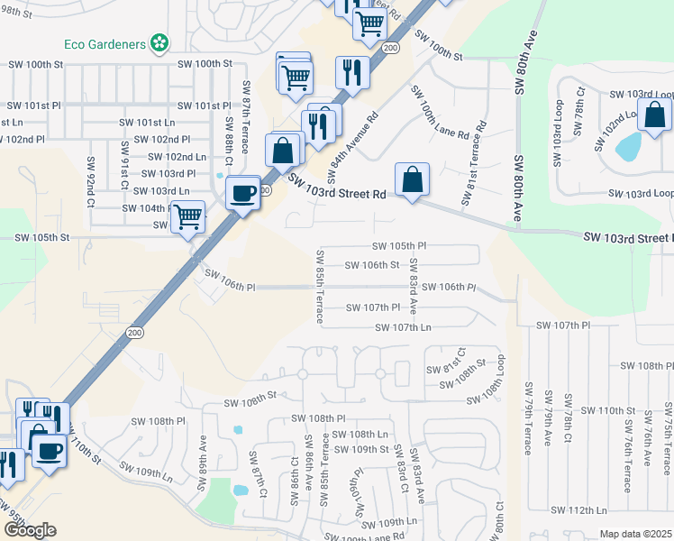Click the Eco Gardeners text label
coord(105,42)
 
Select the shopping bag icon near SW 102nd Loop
coord(654,115)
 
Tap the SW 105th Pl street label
coord(399,245)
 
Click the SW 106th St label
coord(372,265)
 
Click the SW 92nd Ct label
coord(90,178)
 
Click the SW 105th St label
coord(41,237)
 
